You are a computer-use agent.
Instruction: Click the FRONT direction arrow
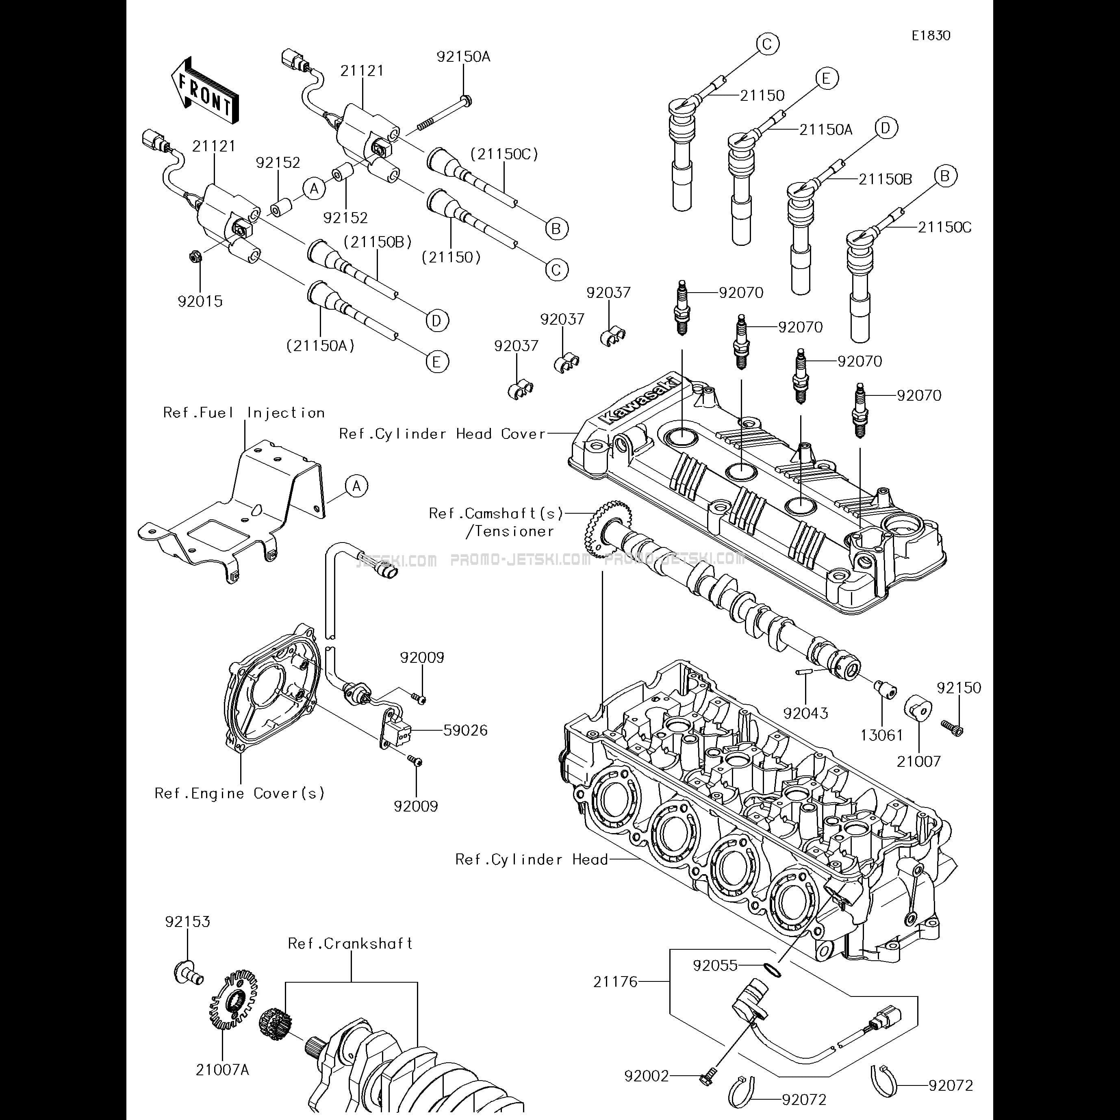click(205, 91)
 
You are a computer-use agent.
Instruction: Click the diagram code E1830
click(931, 35)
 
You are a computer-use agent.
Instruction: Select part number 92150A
click(463, 57)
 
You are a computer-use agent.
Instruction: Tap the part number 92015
click(200, 302)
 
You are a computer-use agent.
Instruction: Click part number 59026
click(465, 730)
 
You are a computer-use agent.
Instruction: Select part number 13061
click(882, 736)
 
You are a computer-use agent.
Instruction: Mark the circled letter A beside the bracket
click(356, 486)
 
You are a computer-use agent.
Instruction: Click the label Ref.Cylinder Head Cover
click(442, 434)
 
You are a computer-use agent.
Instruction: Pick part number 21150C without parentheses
click(944, 227)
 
